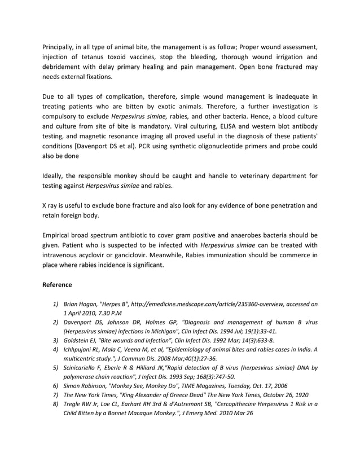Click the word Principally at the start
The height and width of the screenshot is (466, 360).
coord(62,46)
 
